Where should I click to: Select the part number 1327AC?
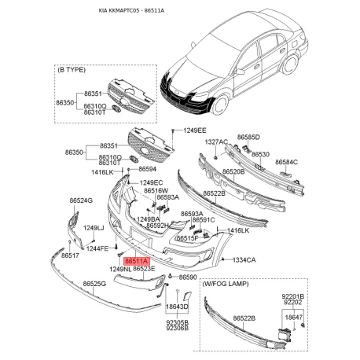(x=217, y=141)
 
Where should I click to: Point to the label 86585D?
(x=249, y=137)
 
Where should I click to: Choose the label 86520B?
(x=233, y=171)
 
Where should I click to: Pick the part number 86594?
(x=148, y=168)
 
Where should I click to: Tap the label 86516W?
(x=156, y=189)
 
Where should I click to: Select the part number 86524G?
(x=81, y=200)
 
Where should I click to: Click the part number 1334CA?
(x=244, y=259)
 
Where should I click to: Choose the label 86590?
(x=187, y=277)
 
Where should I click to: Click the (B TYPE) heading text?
(x=73, y=69)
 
